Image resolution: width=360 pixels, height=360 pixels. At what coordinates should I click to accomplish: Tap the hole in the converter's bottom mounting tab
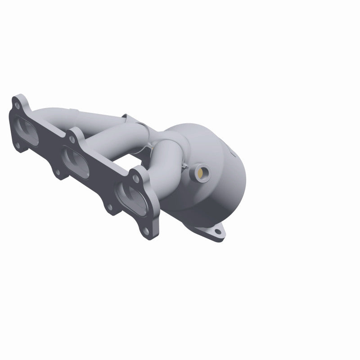[218, 233]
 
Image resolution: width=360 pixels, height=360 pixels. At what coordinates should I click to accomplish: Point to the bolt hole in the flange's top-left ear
[17, 106]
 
